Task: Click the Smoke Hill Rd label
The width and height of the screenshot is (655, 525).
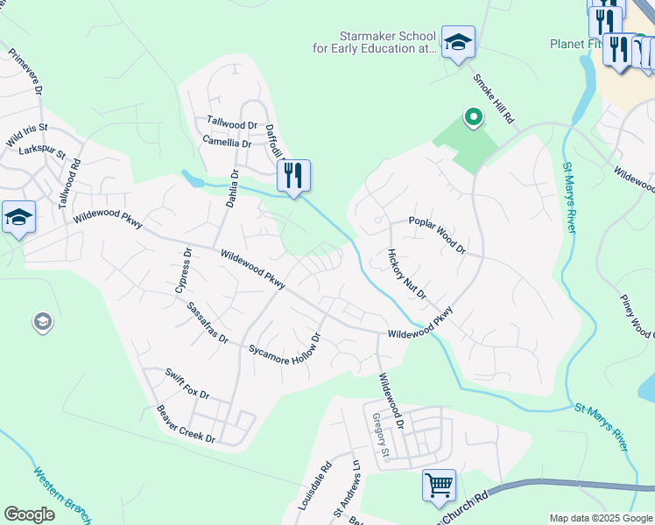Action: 494,97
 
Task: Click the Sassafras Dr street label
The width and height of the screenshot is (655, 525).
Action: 208,323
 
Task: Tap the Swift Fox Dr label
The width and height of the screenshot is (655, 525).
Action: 187,383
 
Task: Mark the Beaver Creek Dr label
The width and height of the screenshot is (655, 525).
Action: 186,423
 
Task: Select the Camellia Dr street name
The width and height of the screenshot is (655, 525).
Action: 227,142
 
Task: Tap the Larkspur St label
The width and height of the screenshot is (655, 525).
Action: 42,151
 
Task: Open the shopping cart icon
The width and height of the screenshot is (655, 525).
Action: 439,484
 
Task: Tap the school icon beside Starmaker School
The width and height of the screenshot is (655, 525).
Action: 457,42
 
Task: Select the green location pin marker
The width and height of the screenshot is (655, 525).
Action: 474,115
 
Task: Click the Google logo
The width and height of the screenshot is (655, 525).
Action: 30,514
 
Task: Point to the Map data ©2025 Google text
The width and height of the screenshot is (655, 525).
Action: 600,518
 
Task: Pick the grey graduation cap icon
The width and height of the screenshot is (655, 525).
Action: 42,322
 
